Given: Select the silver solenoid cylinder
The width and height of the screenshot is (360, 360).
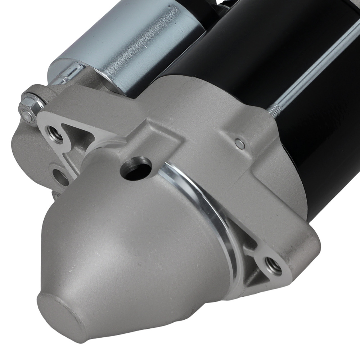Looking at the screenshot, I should pos(137,43).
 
